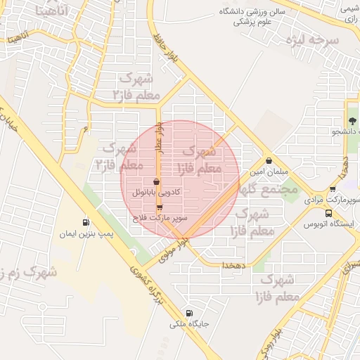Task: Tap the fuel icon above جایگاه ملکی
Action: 188,313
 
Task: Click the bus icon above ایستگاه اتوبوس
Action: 328,213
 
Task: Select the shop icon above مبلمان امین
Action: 270,161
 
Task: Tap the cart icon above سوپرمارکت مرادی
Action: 333,188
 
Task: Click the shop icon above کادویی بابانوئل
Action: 156,181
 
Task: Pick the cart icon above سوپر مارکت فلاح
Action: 160,207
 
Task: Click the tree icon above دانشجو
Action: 351,121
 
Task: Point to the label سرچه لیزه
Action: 313,40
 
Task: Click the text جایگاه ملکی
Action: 188,325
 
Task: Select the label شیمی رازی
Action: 349,15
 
